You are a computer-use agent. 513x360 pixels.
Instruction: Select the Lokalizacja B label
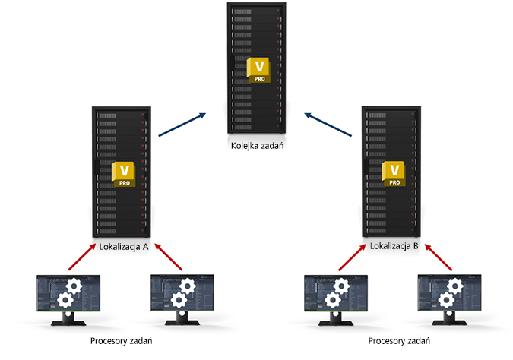pos(394,246)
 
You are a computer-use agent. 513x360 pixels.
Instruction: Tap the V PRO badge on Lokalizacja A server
pos(122,174)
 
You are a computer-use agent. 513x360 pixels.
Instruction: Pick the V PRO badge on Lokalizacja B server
pos(394,174)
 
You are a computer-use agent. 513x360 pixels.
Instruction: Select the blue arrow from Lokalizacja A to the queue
pos(182,124)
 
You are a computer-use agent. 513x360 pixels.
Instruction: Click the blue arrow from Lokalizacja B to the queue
pos(331,124)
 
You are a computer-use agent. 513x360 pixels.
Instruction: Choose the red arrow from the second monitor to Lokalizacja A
pos(166,257)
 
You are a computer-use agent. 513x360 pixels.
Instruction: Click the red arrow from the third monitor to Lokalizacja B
pos(350,257)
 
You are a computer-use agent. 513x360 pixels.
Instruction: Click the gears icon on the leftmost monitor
pos(71,292)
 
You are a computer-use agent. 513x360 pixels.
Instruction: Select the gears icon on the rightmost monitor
pos(453,292)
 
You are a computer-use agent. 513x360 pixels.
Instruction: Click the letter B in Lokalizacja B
pos(416,246)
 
